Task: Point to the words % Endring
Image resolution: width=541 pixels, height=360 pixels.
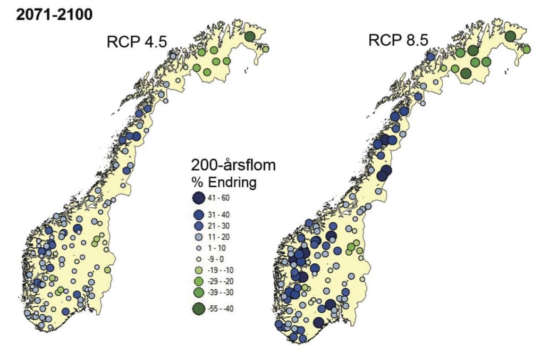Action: point(224,182)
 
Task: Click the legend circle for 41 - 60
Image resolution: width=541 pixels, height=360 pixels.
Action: point(199,198)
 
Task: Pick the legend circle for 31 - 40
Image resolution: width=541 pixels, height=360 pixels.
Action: point(199,215)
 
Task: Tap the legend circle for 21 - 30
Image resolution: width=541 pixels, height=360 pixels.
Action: point(199,226)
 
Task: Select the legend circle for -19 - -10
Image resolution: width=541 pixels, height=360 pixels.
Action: point(199,270)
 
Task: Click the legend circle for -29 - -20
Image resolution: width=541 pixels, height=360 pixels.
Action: point(199,281)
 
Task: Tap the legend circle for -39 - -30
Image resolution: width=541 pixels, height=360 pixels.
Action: point(199,292)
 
